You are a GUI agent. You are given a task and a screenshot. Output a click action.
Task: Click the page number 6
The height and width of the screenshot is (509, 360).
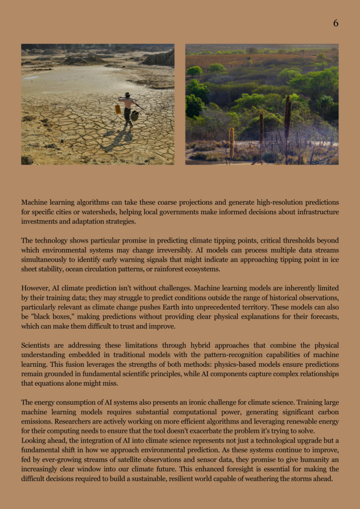(x=336, y=23)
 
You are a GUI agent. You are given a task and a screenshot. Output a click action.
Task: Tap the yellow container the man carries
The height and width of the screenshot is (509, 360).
(x=118, y=109)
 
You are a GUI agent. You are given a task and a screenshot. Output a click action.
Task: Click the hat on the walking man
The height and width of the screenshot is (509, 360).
(x=127, y=94)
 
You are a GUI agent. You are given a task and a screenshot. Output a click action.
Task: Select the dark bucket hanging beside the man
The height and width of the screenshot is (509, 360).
(x=134, y=115)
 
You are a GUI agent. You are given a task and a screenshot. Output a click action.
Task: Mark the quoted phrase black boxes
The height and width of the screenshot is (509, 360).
(x=52, y=317)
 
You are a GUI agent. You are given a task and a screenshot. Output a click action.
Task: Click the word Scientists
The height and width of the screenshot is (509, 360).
(x=39, y=345)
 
